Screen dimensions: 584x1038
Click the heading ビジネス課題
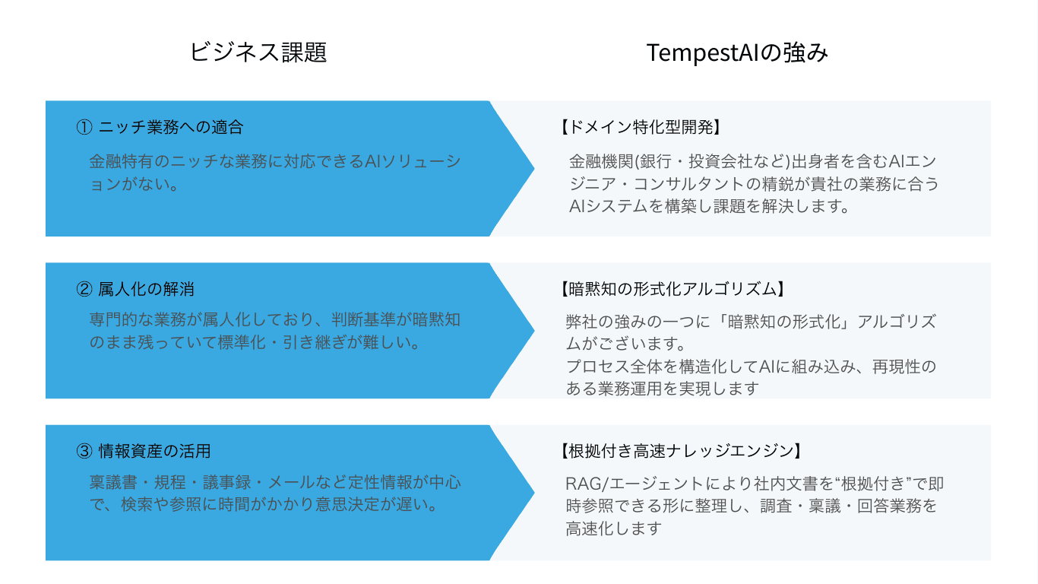pos(258,52)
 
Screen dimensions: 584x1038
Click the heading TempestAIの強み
pos(737,52)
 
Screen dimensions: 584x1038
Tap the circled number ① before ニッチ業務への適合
pos(84,127)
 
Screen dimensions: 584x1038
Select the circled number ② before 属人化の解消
pos(84,289)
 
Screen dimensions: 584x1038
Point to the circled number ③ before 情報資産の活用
pos(84,451)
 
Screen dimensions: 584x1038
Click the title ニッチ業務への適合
pos(171,127)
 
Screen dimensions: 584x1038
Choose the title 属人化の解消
pos(147,289)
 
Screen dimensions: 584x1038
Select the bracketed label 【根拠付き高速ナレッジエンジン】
pos(680,451)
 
